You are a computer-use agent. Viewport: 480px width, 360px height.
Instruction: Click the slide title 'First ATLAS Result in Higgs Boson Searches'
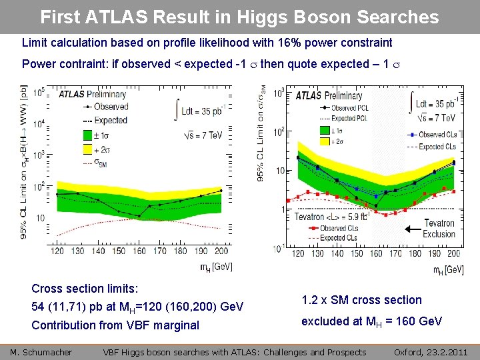tap(239, 17)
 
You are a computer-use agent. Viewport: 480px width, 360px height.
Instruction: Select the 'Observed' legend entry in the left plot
tap(111, 107)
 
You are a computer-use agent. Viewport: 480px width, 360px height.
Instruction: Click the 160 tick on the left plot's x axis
tap(139, 251)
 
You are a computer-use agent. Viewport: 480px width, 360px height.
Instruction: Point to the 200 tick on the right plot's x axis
tap(455, 254)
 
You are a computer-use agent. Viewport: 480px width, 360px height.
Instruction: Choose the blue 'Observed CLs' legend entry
tap(434, 135)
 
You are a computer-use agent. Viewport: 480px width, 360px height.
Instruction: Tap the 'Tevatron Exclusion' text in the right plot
tap(439, 229)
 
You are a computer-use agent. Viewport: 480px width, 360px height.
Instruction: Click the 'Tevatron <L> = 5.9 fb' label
tap(337, 217)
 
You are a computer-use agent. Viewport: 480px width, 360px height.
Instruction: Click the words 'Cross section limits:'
tap(85, 289)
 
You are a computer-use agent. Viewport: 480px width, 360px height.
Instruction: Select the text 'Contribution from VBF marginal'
tap(115, 325)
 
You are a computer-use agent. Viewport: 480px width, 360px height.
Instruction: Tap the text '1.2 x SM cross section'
tap(361, 300)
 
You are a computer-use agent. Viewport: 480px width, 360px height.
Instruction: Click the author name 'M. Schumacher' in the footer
tap(41, 352)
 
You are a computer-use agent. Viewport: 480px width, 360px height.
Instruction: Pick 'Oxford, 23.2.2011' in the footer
tap(431, 352)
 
